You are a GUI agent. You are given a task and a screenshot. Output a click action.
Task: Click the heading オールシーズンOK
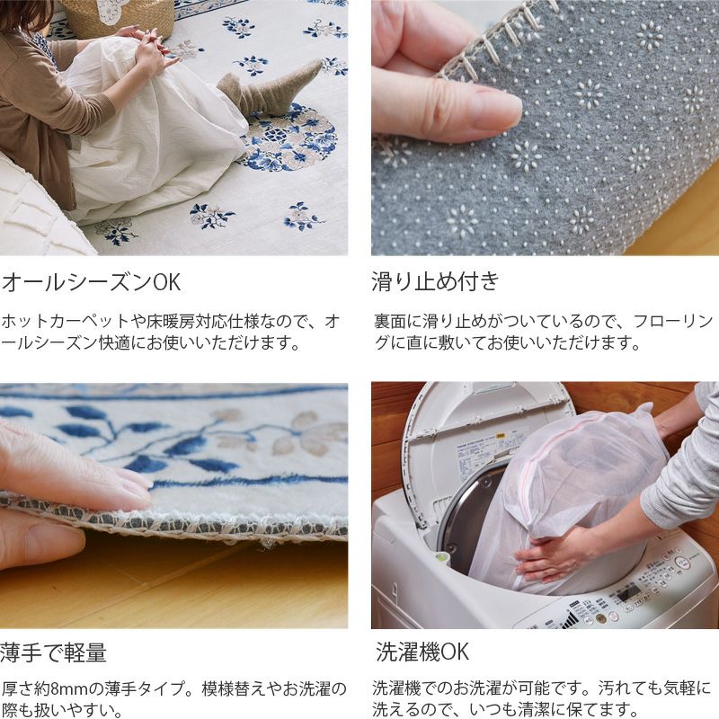91,281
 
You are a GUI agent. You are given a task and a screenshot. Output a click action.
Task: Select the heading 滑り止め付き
435,281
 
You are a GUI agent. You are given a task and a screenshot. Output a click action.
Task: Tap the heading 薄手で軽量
53,652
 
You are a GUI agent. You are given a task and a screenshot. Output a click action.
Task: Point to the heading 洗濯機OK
422,652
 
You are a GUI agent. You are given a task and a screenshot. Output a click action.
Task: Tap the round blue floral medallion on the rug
288,138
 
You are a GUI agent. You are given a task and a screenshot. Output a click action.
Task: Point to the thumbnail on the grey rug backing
497,110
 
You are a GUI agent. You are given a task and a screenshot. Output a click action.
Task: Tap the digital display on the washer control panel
627,595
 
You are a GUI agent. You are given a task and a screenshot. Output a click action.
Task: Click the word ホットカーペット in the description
66,321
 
